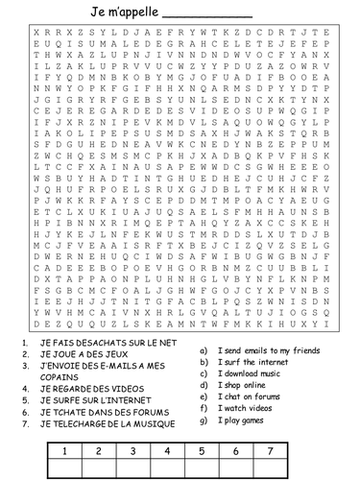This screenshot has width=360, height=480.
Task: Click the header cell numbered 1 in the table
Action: pyautogui.click(x=63, y=449)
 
